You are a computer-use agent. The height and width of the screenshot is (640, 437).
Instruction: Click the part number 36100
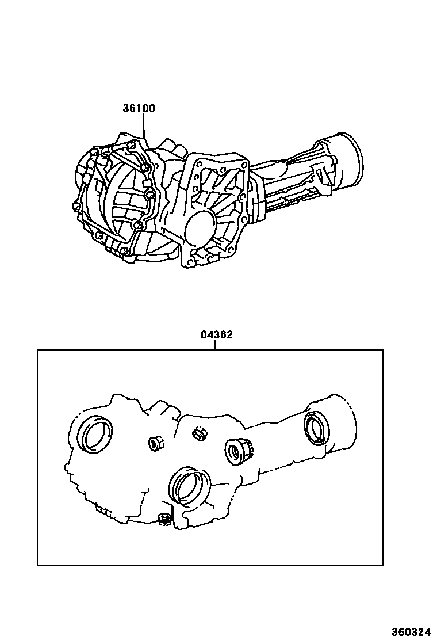(139, 108)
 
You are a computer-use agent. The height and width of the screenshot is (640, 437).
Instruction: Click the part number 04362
(217, 335)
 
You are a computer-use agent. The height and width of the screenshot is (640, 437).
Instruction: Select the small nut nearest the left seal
(155, 443)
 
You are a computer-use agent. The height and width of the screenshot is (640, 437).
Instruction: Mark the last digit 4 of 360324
(428, 631)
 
